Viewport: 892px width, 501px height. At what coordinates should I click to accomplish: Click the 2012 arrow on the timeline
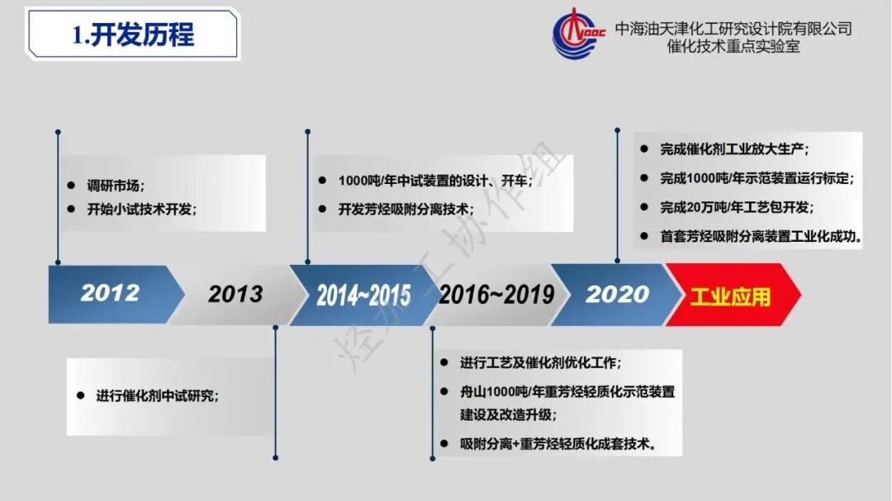point(110,293)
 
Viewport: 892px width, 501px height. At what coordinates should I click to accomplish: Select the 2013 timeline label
point(235,294)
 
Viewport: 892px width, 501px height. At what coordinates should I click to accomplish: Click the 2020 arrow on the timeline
point(618,294)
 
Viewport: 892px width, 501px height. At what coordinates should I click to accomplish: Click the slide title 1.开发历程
point(133,35)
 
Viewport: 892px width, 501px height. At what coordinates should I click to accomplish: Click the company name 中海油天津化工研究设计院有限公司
point(733,29)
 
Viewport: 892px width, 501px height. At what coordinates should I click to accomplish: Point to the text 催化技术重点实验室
point(733,47)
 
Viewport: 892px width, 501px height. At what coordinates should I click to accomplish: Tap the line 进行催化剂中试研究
point(158,395)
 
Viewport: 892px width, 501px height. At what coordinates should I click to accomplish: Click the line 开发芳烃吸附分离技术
point(406,209)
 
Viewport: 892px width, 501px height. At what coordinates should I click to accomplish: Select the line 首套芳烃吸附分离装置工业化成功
point(761,236)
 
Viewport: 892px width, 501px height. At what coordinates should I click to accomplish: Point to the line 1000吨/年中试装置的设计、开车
point(434,181)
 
